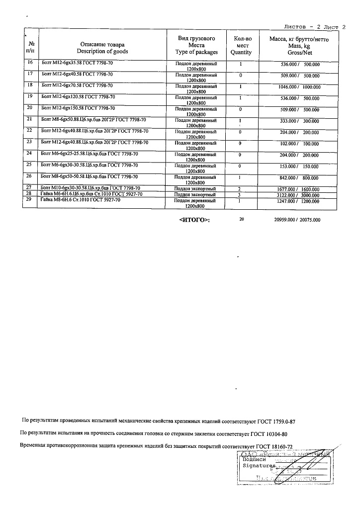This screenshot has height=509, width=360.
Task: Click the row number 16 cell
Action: (30, 63)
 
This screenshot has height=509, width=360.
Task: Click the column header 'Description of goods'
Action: (102, 52)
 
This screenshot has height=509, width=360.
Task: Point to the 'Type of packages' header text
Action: (196, 52)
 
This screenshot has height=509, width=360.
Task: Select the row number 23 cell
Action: (30, 143)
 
